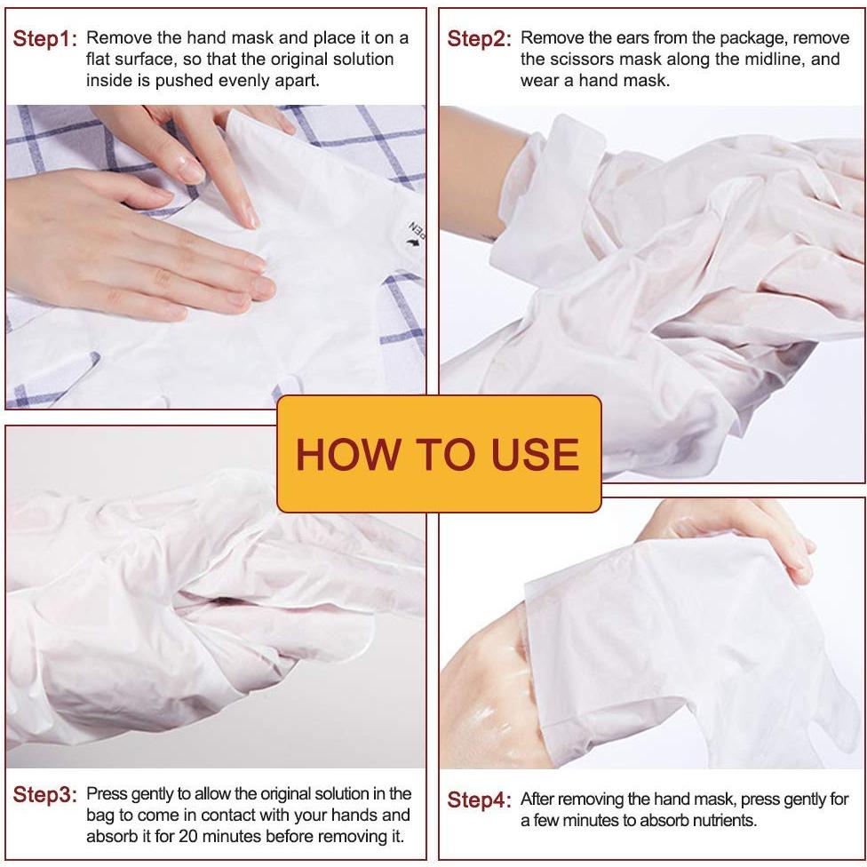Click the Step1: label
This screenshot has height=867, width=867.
point(45,39)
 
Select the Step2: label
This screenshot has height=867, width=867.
point(479,39)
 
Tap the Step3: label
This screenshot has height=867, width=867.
point(45,795)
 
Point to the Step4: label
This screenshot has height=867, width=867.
point(479,800)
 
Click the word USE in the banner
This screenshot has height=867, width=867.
point(535,454)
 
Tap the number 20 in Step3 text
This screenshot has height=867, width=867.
point(188,836)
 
